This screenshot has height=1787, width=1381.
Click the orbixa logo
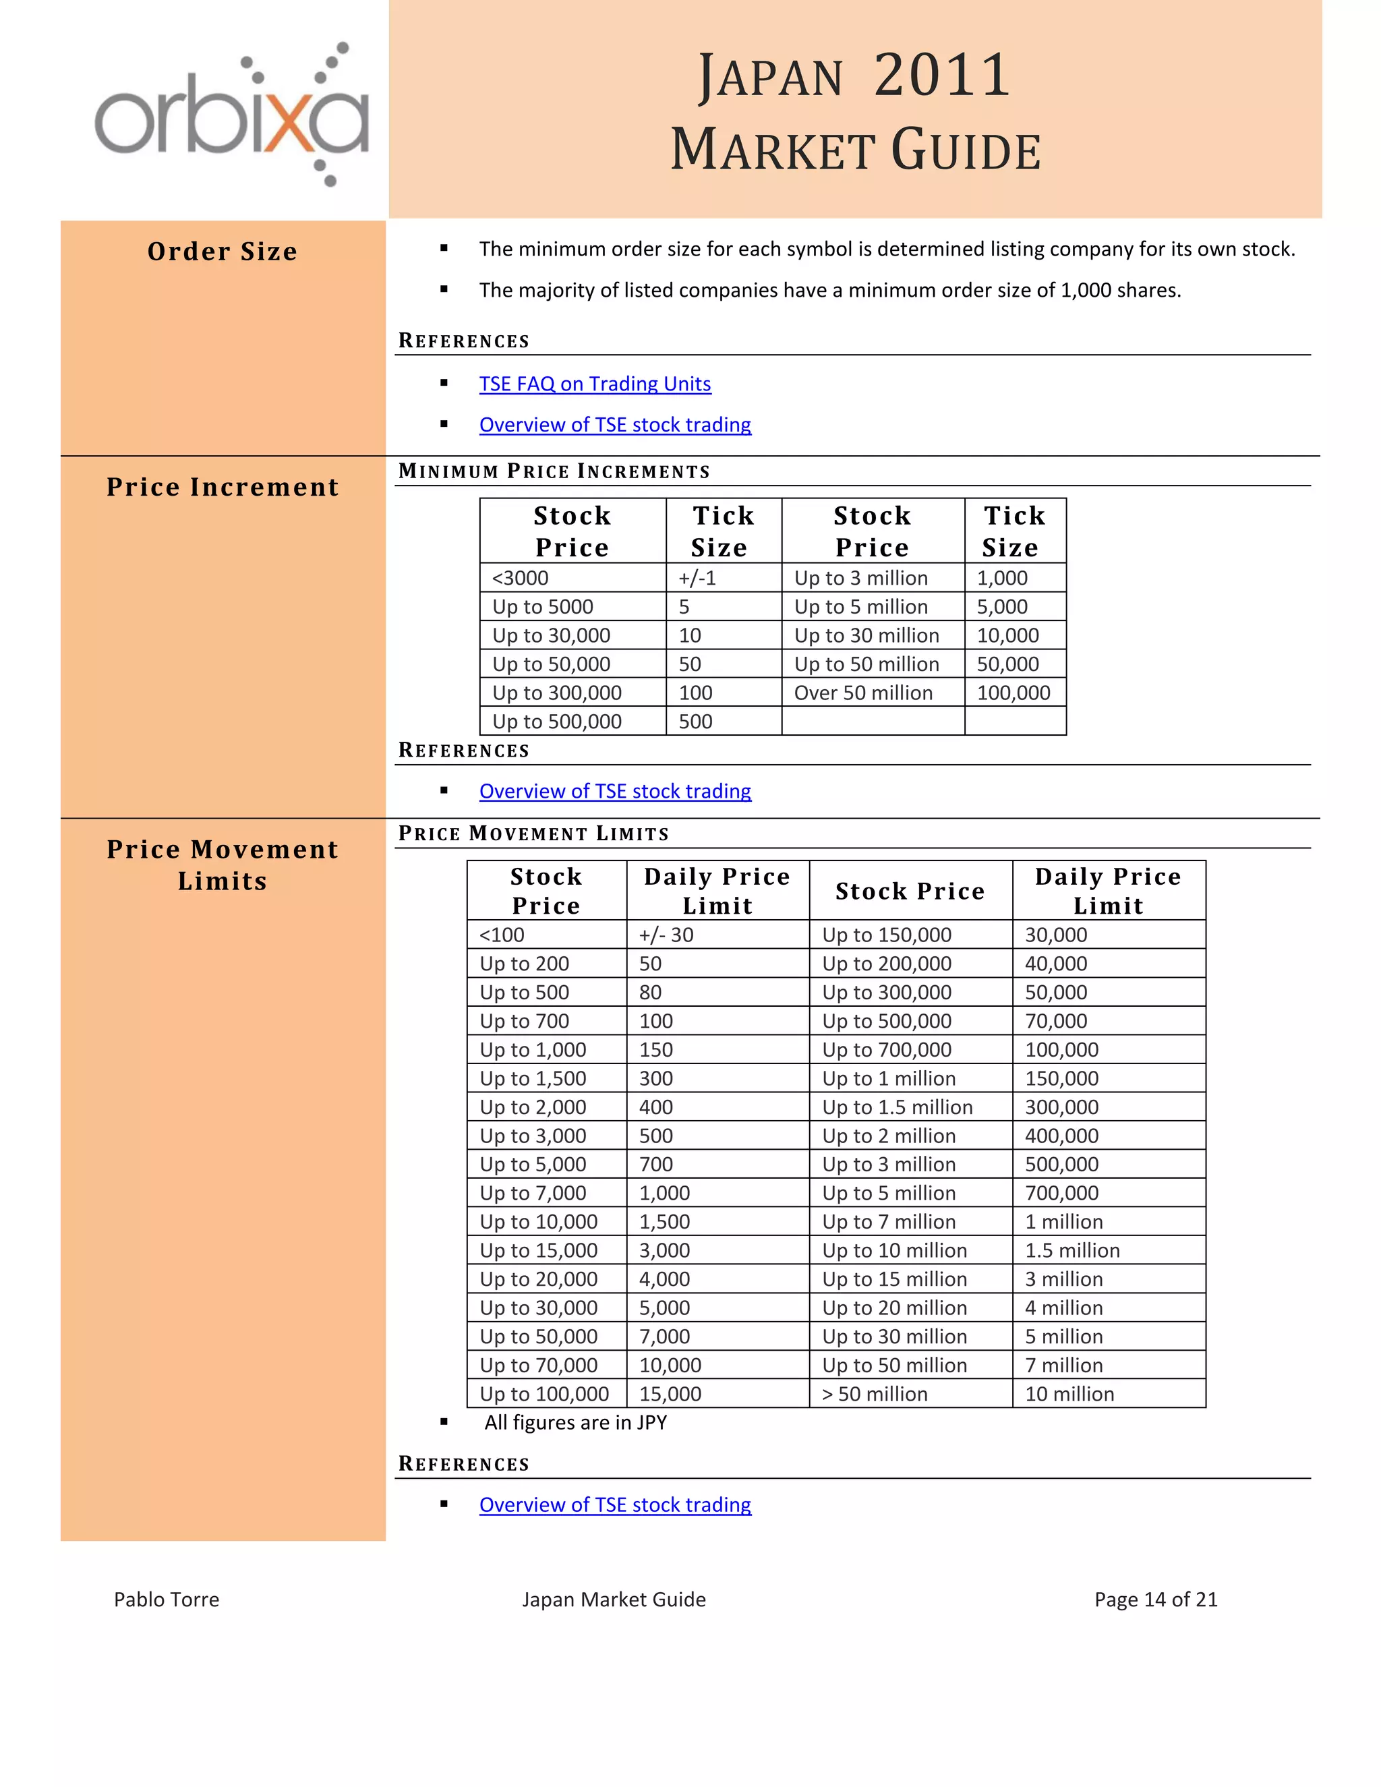point(231,115)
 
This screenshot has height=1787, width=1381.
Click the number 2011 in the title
point(941,76)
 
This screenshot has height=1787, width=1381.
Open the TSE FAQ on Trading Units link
point(595,384)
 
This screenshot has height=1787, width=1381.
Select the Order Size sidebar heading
point(223,252)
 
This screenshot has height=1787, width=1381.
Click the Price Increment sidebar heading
point(223,487)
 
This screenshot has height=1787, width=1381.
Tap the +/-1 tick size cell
point(697,578)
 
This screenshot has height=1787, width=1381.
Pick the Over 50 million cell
point(863,693)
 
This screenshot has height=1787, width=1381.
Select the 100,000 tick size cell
point(1013,693)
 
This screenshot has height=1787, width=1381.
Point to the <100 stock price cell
point(502,935)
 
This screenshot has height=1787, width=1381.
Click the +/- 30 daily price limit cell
point(666,935)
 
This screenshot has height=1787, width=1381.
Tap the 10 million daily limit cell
point(1069,1393)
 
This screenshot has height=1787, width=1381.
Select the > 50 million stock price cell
point(875,1393)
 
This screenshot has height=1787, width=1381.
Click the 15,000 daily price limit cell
point(670,1393)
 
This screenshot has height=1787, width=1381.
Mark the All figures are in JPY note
point(575,1422)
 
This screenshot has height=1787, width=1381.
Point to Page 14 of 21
point(1155,1599)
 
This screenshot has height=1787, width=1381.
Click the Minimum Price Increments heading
point(554,471)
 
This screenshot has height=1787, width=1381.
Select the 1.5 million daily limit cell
point(1071,1250)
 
